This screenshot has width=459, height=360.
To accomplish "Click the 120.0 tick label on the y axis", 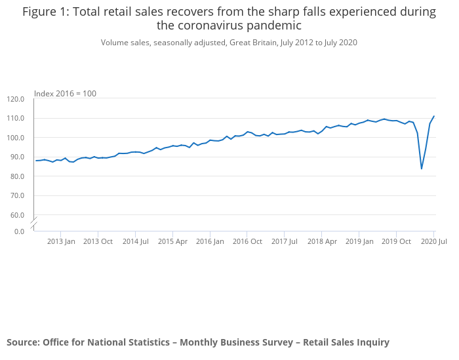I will (16, 99).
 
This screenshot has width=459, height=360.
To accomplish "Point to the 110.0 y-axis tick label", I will (16, 119).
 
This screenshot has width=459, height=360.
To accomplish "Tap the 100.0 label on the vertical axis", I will (16, 138).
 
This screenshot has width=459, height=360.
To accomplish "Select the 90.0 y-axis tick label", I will (18, 157).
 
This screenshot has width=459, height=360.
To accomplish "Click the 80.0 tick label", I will (18, 176).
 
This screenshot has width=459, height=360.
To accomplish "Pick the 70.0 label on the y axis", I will (18, 195).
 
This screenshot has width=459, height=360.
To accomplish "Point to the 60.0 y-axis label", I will (18, 215).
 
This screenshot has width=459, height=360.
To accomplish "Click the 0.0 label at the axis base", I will (20, 231).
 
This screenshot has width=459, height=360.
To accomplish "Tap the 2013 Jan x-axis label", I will (61, 241).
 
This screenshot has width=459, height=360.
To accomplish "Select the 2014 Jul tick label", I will (135, 241).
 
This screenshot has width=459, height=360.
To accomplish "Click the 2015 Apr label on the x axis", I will (172, 241).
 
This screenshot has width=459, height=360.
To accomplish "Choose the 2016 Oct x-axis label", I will (247, 241).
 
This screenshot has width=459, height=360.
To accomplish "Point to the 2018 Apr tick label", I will (322, 241).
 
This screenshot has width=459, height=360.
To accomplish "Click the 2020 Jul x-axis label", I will (433, 241).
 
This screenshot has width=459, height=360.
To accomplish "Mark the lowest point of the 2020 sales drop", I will (422, 169).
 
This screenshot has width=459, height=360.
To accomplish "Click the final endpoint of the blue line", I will (434, 116).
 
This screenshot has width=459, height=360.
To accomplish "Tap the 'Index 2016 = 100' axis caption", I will (65, 94).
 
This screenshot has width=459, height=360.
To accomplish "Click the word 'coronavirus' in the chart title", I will (207, 26).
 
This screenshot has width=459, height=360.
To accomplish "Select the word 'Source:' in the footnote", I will (23, 342).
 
